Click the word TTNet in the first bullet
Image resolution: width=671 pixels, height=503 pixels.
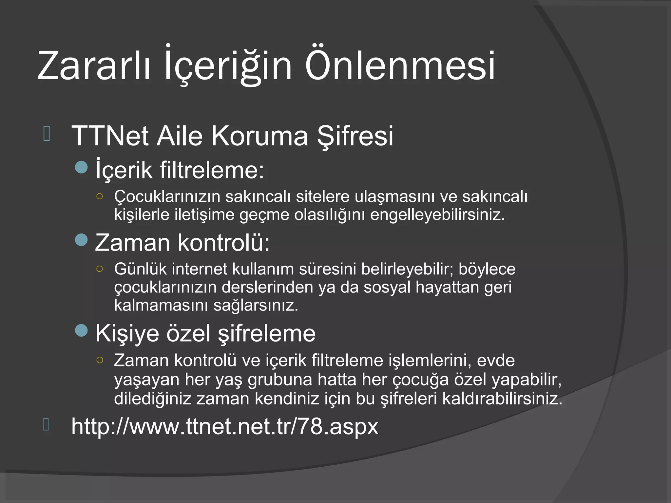click(110, 136)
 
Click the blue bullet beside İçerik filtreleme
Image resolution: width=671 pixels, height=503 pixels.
click(81, 167)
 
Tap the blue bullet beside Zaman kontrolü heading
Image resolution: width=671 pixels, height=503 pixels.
click(81, 240)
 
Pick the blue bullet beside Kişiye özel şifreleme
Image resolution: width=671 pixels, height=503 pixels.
click(81, 331)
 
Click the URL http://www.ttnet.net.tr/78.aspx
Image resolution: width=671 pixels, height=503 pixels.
click(225, 426)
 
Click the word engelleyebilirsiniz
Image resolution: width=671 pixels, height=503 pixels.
click(437, 215)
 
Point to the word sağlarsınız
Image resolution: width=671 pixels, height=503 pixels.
click(256, 306)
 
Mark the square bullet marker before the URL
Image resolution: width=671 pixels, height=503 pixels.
click(46, 424)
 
